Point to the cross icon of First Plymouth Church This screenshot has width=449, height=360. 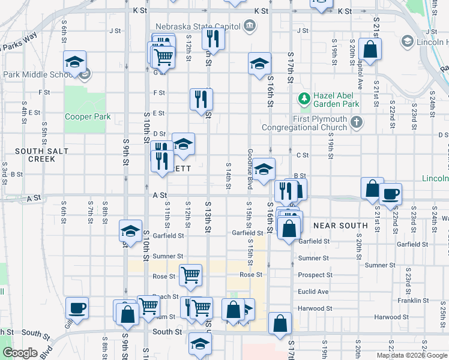(x=357, y=123)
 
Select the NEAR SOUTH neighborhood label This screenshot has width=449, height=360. (x=340, y=226)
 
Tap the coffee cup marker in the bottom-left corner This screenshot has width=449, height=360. (x=77, y=308)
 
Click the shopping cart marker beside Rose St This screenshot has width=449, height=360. (x=190, y=275)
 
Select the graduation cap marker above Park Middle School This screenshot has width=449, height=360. (x=74, y=61)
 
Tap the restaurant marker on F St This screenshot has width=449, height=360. (x=201, y=99)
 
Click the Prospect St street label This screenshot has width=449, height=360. (x=315, y=275)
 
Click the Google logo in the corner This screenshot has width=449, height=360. (x=20, y=353)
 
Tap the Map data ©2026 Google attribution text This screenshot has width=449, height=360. (x=411, y=355)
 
